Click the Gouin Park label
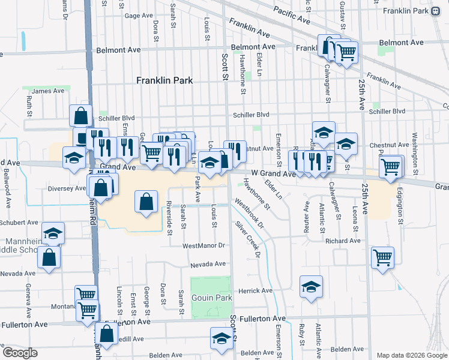pyautogui.click(x=211, y=298)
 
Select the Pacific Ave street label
pyautogui.click(x=292, y=15)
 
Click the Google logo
pyautogui.click(x=20, y=353)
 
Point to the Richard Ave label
pyautogui.click(x=343, y=241)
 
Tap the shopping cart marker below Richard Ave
pyautogui.click(x=382, y=258)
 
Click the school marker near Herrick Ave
pyautogui.click(x=311, y=287)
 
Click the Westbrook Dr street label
pyautogui.click(x=250, y=214)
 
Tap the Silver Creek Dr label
pyautogui.click(x=248, y=239)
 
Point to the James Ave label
pyautogui.click(x=49, y=91)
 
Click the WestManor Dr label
pyautogui.click(x=203, y=245)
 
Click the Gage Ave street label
pyautogui.click(x=139, y=16)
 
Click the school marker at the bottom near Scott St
pyautogui.click(x=221, y=339)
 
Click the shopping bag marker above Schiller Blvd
pyautogui.click(x=80, y=116)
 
